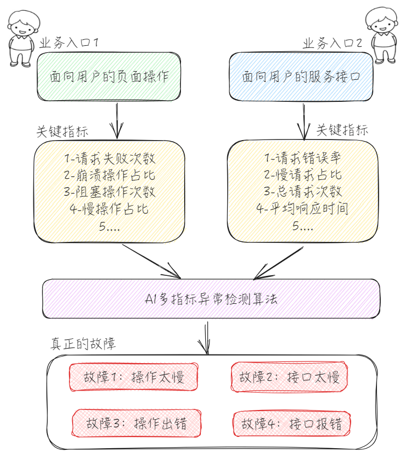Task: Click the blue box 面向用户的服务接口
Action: pyautogui.click(x=301, y=76)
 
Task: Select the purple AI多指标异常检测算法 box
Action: pyautogui.click(x=211, y=298)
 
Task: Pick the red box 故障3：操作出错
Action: pyautogui.click(x=136, y=423)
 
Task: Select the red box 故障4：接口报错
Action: pyautogui.click(x=291, y=423)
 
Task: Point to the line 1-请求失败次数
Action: pyautogui.click(x=109, y=158)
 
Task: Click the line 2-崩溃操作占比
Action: pyautogui.click(x=109, y=175)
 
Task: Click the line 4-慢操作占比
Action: pyautogui.click(x=109, y=208)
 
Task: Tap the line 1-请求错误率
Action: pyautogui.click(x=303, y=158)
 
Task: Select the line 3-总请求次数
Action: pyautogui.click(x=303, y=192)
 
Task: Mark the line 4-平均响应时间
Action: pyautogui.click(x=303, y=208)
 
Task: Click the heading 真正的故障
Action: pyautogui.click(x=83, y=344)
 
